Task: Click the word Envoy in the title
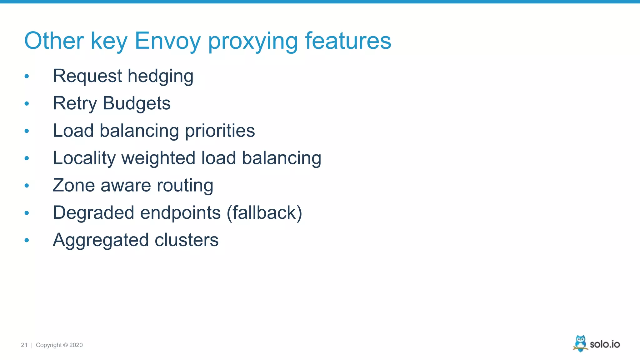167,41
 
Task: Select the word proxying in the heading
253,41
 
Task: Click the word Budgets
137,103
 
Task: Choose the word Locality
84,158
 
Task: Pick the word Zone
74,185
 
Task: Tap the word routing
185,185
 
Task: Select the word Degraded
93,213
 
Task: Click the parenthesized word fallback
264,213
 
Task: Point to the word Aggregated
101,240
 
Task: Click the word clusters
187,240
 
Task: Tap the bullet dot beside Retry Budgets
27,103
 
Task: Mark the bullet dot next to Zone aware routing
27,186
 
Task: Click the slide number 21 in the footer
24,345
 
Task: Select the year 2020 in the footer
76,345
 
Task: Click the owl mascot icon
580,343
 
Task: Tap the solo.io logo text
605,344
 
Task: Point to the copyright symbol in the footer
65,345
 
